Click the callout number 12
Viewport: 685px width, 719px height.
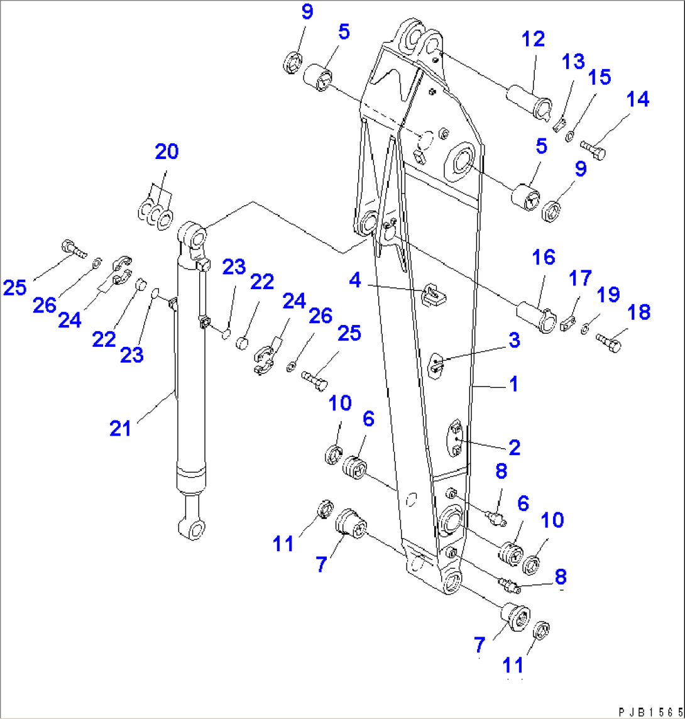point(533,39)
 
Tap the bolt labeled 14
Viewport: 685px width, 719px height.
point(593,148)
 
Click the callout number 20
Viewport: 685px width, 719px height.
point(167,151)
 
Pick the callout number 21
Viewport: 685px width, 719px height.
point(120,429)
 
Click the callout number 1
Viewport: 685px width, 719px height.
point(513,384)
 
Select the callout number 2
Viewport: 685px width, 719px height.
point(513,447)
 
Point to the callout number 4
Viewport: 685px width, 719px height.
point(356,280)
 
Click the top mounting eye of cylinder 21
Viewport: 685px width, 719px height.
point(195,238)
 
